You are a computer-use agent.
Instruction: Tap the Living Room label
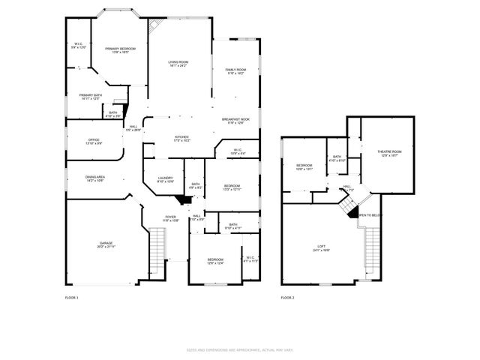(x=178, y=63)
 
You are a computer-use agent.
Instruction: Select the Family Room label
(x=235, y=71)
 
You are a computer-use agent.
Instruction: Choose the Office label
(x=93, y=141)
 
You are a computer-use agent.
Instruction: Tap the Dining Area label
(x=94, y=178)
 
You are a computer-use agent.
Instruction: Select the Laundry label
(x=166, y=179)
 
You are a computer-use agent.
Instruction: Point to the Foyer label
(x=171, y=219)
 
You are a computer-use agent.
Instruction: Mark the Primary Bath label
(x=90, y=97)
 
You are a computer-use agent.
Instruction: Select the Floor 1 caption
(x=71, y=298)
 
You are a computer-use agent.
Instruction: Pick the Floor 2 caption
(x=288, y=298)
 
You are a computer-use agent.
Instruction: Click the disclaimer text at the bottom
(x=239, y=349)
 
